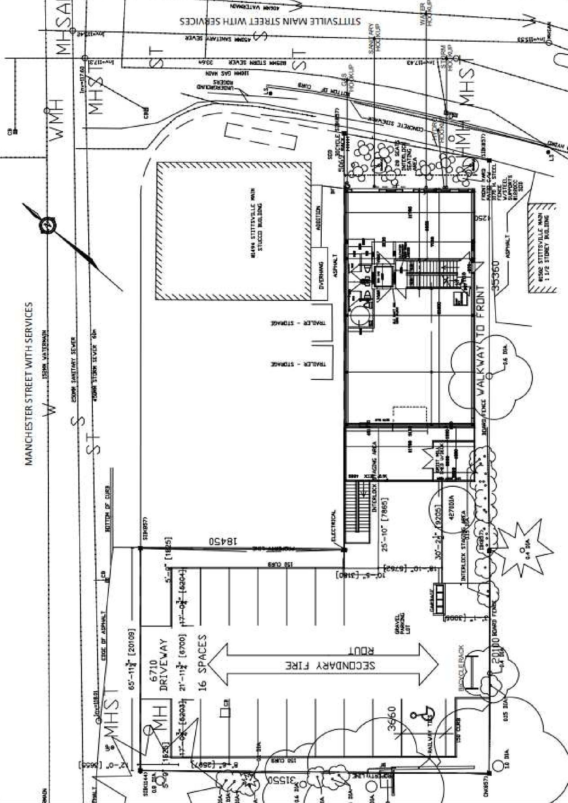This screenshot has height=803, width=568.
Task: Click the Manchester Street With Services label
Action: (29, 384)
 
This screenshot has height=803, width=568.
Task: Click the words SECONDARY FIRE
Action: (330, 665)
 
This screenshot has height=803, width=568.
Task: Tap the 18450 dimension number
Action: (225, 541)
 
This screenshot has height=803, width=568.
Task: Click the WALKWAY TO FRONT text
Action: (481, 340)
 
